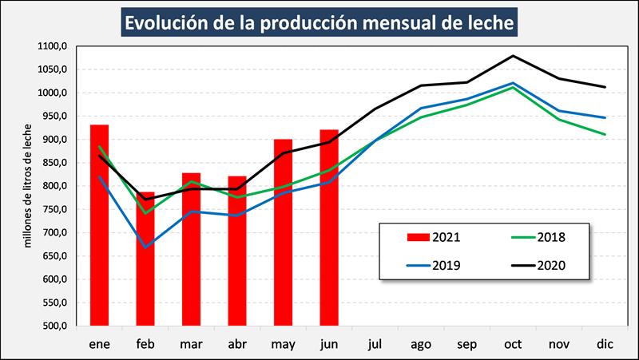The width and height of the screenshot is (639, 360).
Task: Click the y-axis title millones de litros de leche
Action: pos(27,186)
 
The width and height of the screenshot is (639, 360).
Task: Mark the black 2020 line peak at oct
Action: pos(512,56)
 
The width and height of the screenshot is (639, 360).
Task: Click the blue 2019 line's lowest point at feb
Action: pos(145,247)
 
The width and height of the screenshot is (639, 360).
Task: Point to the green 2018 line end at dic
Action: pos(604,134)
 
